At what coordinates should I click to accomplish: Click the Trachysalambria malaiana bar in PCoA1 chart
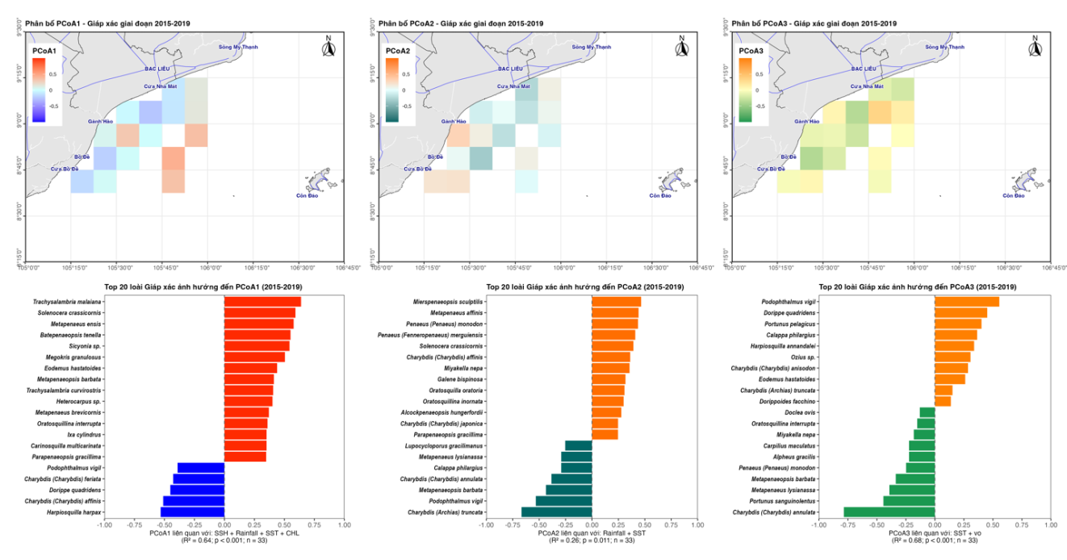coord(262,302)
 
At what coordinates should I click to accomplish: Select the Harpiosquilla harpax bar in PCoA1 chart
coord(192,512)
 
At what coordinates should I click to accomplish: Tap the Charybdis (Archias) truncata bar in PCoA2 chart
coord(557,512)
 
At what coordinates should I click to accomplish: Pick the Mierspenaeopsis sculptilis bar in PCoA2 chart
coord(616,302)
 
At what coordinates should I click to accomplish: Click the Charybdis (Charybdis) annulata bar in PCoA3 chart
coord(889,512)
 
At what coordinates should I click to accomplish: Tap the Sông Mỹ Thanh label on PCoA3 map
coord(944,48)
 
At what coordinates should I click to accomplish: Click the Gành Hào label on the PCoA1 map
coord(101,121)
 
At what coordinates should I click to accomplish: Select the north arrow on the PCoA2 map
coord(682,48)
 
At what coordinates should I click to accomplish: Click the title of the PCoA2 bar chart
coord(585,287)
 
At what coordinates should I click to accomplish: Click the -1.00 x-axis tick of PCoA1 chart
coord(104,524)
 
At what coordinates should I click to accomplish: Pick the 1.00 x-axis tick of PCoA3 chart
coord(1050,524)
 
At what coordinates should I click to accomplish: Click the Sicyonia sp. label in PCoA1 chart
coord(84,345)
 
